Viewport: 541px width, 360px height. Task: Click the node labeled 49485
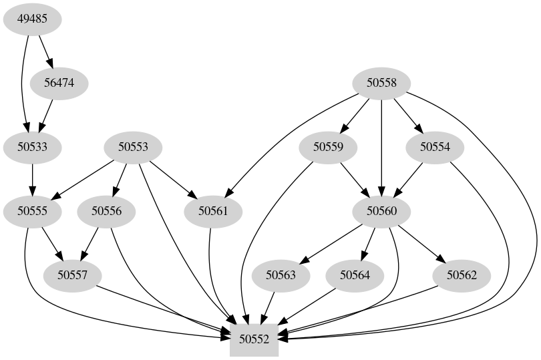32,19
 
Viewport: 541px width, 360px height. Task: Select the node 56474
59,83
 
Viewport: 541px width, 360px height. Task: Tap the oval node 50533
32,147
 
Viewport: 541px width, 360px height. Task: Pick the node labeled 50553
133,147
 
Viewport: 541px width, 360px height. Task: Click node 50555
32,211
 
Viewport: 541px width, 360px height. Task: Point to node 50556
106,211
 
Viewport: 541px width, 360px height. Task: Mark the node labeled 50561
213,211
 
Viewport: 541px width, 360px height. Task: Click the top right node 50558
381,83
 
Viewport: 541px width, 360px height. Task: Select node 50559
327,147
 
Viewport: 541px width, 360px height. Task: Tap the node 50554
435,147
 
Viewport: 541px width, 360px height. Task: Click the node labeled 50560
381,211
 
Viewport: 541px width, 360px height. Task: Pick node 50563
281,275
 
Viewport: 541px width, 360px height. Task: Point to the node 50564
355,275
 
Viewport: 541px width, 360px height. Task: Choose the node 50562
462,275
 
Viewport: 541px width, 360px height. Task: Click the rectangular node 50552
254,339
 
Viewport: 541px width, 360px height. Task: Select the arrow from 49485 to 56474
45,51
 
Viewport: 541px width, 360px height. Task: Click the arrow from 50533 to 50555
32,179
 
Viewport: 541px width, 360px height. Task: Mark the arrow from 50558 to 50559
355,115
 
